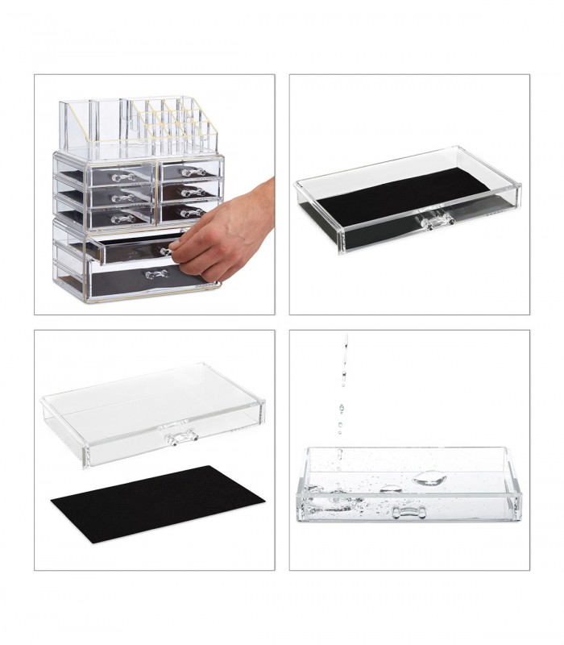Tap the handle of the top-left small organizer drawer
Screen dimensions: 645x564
[x=121, y=177]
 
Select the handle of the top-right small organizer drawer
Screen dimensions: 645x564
[x=190, y=172]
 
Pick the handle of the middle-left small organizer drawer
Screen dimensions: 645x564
[x=122, y=198]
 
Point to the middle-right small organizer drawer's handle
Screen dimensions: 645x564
[x=190, y=192]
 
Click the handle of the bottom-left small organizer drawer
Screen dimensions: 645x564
[x=122, y=218]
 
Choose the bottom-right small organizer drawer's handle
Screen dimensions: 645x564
[x=191, y=212]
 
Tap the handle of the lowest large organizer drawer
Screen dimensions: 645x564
[x=154, y=275]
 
